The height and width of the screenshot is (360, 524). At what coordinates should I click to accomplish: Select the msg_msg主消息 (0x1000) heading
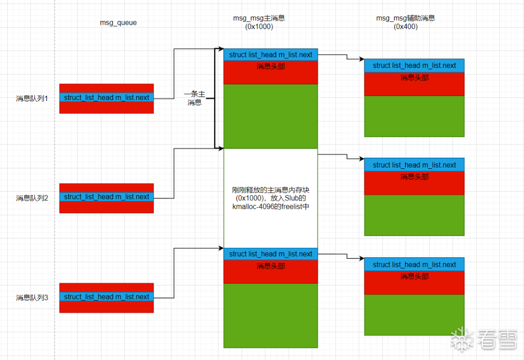259,23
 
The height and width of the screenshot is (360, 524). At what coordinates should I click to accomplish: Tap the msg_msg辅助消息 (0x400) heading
406,23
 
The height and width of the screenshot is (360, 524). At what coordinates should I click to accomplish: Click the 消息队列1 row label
32,98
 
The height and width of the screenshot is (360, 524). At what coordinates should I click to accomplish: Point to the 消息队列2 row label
32,198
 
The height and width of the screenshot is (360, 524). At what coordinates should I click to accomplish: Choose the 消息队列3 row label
32,297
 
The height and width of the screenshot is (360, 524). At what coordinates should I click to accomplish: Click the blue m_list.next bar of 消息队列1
106,98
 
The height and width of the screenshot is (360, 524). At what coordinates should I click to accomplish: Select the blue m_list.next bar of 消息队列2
106,197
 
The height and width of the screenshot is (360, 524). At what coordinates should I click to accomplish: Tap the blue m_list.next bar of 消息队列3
106,297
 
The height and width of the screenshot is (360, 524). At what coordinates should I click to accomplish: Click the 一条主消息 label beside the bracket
195,98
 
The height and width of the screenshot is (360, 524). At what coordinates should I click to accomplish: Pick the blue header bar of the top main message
270,55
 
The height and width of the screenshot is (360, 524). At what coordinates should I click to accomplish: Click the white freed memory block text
270,198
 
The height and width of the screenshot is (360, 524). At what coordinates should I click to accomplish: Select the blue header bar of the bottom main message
270,254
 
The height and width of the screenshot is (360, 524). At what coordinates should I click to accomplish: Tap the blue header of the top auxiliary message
414,65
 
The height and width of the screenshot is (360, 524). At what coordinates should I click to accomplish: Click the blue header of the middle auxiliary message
414,165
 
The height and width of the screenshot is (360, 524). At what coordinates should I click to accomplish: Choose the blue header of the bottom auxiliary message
414,264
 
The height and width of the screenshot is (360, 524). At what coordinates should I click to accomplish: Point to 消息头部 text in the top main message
270,66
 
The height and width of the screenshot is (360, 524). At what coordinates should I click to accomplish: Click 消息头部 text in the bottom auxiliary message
414,276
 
